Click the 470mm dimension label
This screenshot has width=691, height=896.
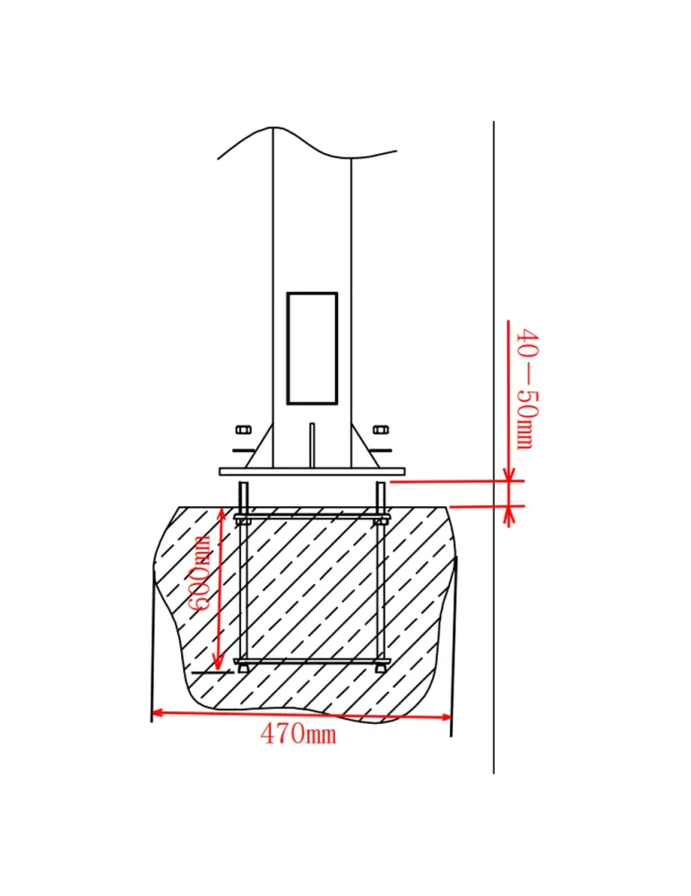coord(298,733)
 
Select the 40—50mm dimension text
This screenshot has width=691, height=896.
coord(528,389)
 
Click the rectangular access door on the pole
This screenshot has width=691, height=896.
coord(312,349)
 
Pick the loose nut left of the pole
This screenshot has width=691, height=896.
coord(242,430)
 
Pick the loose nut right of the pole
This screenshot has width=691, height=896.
coord(380,430)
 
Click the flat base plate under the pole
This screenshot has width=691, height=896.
coord(312,471)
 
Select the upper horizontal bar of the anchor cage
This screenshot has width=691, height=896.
coord(312,517)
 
